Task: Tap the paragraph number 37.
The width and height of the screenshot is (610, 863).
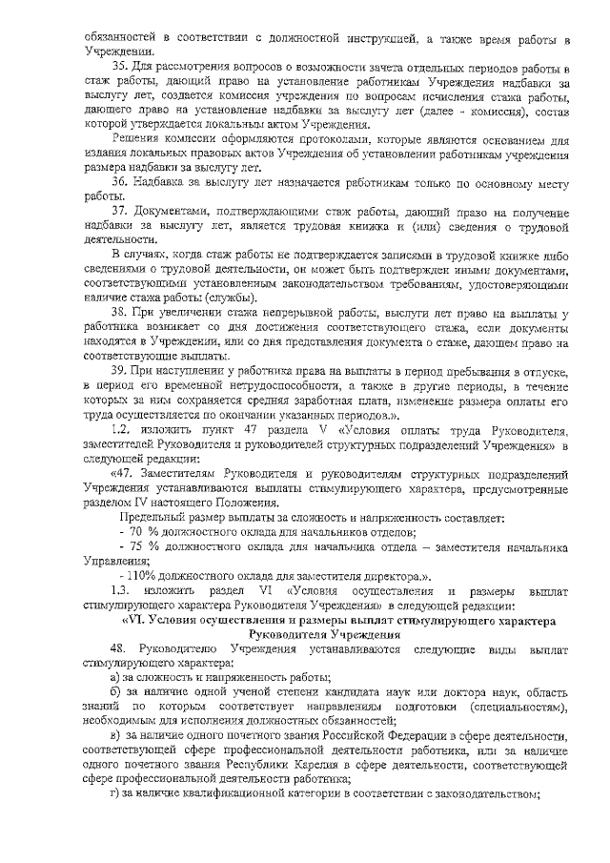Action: coord(120,209)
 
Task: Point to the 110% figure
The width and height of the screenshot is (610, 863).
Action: coord(136,578)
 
